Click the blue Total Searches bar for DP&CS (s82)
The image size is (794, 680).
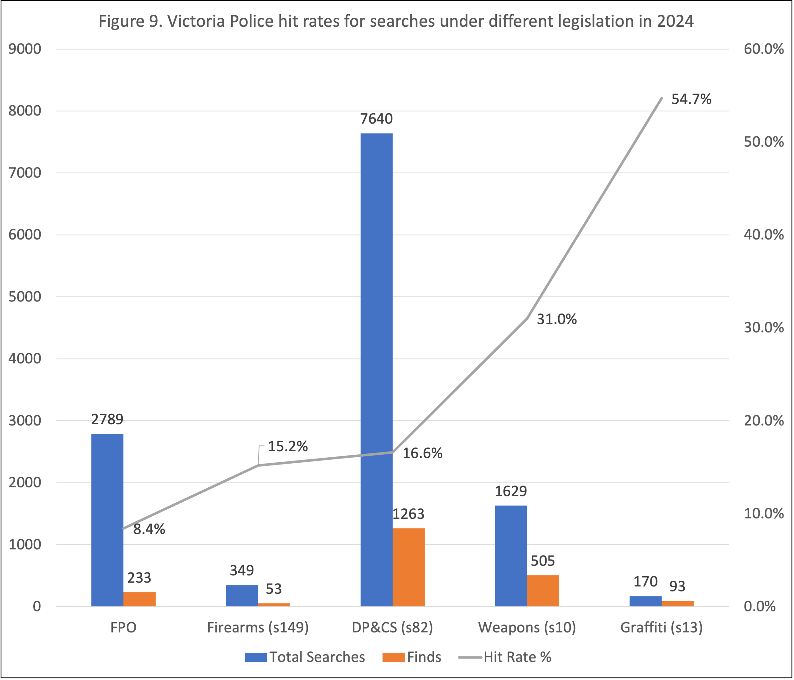(x=376, y=369)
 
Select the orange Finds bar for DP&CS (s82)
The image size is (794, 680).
(x=408, y=567)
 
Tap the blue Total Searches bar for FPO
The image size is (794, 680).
(x=107, y=520)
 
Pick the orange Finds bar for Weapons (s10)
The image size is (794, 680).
(x=543, y=591)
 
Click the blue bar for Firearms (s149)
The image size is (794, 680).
(x=242, y=595)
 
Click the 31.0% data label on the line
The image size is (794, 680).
(x=556, y=319)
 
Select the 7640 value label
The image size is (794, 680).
(x=376, y=119)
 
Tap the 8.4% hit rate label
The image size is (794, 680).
(x=149, y=529)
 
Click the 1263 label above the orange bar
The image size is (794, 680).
(x=408, y=514)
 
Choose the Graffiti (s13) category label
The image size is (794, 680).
(x=662, y=628)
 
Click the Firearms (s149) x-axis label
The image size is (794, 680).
(x=258, y=628)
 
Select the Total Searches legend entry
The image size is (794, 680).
(x=317, y=657)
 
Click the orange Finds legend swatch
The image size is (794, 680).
(x=393, y=657)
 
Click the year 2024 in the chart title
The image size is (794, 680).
(x=675, y=21)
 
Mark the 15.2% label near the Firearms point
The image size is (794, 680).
(x=287, y=446)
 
